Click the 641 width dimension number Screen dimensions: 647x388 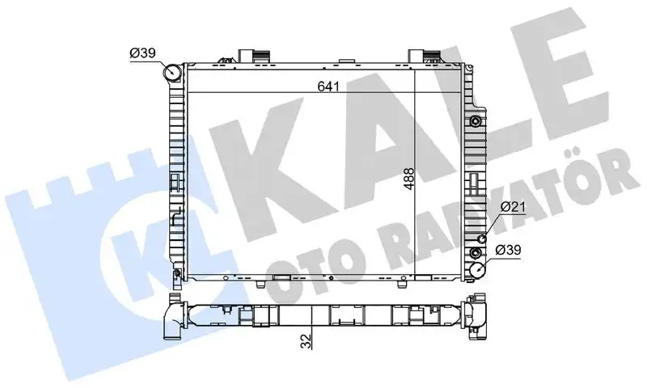pos(328,86)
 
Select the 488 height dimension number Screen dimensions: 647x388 pos(408,179)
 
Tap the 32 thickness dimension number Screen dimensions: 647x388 pos(306,341)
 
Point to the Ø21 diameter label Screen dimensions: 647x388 pos(514,207)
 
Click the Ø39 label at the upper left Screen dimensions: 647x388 pos(142,53)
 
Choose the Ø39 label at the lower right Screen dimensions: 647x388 pos(509,250)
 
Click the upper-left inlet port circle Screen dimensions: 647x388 pos(171,73)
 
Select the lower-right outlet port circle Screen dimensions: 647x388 pos(478,271)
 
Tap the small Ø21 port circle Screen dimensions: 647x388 pos(481,239)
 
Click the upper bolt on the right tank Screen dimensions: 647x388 pos(476,121)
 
